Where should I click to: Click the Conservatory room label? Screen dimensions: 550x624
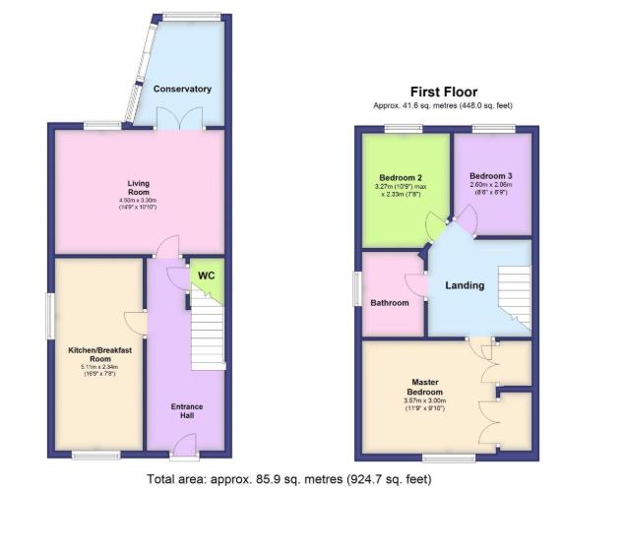[182, 89]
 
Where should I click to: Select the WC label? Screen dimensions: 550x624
[207, 275]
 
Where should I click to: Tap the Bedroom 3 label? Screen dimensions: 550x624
[491, 175]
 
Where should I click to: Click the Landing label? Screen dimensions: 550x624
[465, 286]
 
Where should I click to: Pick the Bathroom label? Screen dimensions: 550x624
[390, 303]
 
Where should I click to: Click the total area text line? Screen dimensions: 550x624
[288, 480]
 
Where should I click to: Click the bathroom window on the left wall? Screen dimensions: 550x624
[358, 289]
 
